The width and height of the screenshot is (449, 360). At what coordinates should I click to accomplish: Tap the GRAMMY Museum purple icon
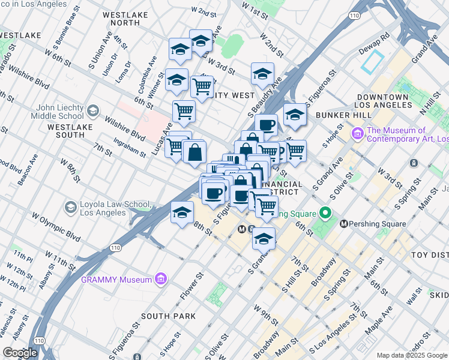[x=160, y=279]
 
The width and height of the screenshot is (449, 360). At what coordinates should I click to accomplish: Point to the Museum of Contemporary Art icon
[x=357, y=131]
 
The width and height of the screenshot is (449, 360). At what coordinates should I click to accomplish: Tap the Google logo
[x=19, y=353]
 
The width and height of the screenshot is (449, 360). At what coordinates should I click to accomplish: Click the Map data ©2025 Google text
[x=412, y=355]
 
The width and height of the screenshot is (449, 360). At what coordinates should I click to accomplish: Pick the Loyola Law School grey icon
[x=71, y=208]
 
